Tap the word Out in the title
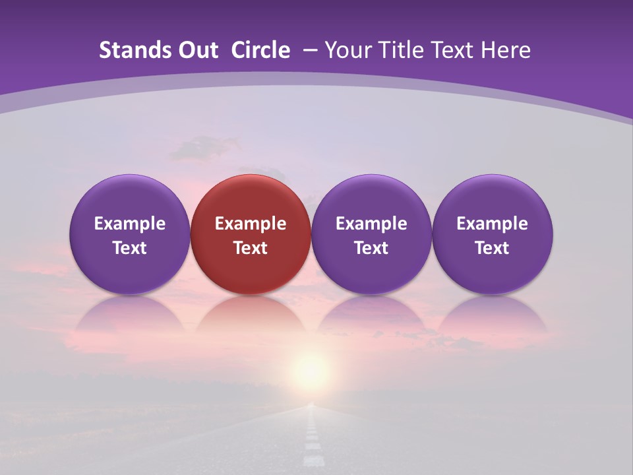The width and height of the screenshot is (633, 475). pos(197,50)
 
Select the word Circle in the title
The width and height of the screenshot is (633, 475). pos(260,50)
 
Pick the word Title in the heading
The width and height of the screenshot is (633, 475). pos(398,50)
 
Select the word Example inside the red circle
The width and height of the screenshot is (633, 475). pos(251,224)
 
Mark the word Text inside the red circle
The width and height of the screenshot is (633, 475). pos(251,248)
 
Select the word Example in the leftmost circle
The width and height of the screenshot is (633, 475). pos(129,224)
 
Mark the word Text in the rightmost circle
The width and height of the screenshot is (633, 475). pos(493,248)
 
